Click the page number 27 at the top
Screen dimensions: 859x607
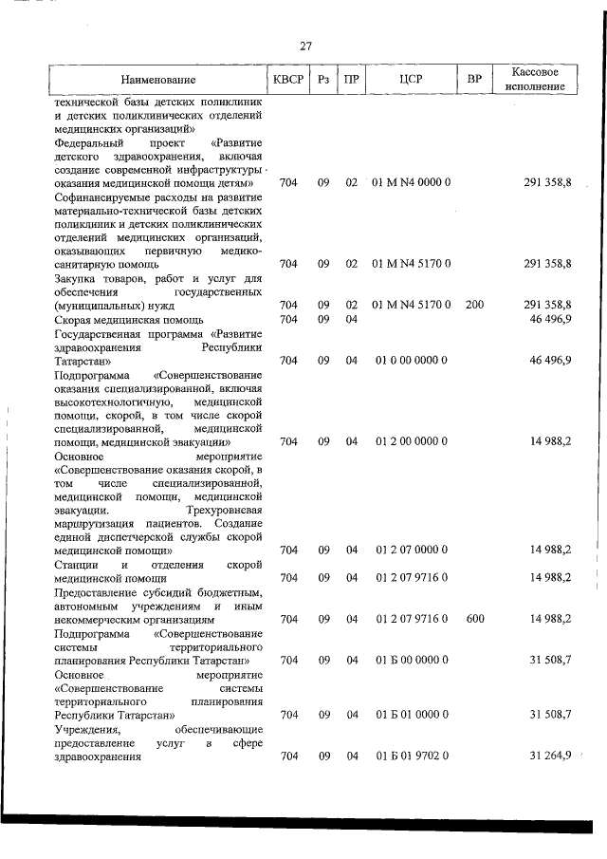pos(305,45)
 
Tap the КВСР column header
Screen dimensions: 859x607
pos(288,80)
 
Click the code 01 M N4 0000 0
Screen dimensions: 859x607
pos(411,181)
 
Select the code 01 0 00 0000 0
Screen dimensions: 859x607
pos(411,360)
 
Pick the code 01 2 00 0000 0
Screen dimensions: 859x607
pos(411,441)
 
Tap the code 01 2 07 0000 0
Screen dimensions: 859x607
pos(411,550)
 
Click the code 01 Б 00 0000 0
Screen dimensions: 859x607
pos(411,660)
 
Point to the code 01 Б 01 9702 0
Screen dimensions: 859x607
pos(411,756)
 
